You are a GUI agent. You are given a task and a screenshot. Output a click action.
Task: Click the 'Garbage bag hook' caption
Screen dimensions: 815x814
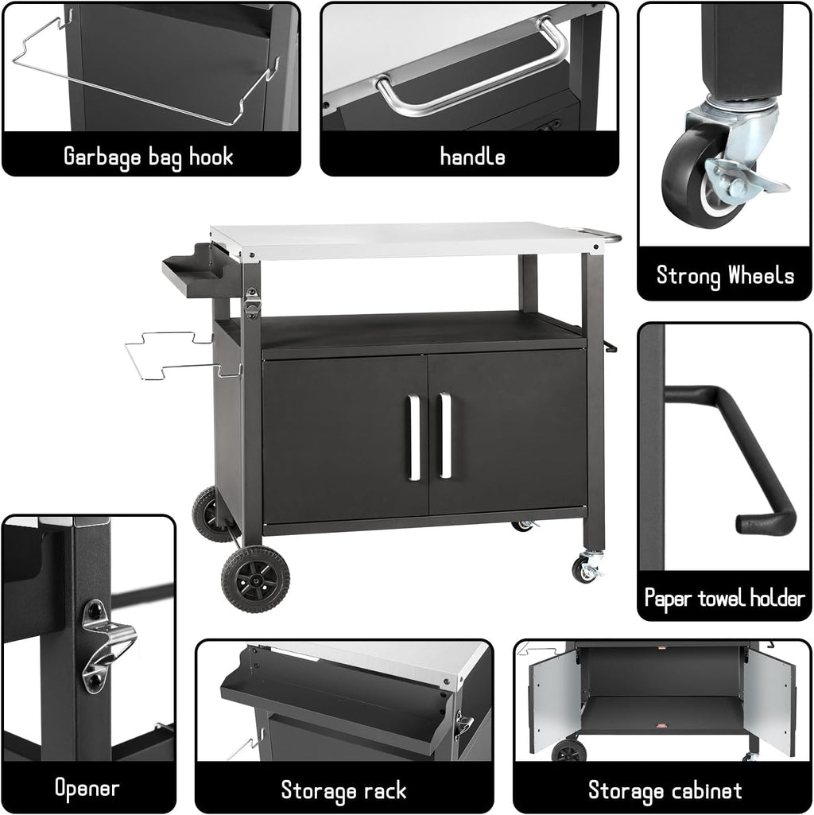click(x=149, y=156)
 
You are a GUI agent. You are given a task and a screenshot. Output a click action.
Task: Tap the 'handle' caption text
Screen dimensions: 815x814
click(x=472, y=157)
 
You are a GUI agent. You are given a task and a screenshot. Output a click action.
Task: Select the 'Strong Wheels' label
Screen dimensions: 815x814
click(x=725, y=276)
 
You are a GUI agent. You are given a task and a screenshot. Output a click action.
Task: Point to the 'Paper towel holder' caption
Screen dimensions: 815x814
click(x=724, y=598)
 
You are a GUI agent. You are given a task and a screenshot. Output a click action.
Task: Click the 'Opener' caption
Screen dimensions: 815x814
click(x=87, y=788)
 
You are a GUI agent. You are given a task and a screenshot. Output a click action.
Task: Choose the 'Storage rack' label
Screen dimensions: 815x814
click(x=343, y=790)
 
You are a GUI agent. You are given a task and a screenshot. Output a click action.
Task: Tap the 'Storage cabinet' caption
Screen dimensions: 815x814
click(x=665, y=790)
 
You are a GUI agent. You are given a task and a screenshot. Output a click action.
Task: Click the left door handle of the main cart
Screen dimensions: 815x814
click(x=414, y=437)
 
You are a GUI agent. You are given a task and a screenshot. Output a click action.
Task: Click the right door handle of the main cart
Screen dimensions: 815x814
click(x=445, y=437)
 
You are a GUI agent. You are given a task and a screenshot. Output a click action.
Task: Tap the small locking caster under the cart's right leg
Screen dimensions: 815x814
click(x=586, y=568)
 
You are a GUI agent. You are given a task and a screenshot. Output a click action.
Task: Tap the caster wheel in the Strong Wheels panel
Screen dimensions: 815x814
click(x=700, y=179)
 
